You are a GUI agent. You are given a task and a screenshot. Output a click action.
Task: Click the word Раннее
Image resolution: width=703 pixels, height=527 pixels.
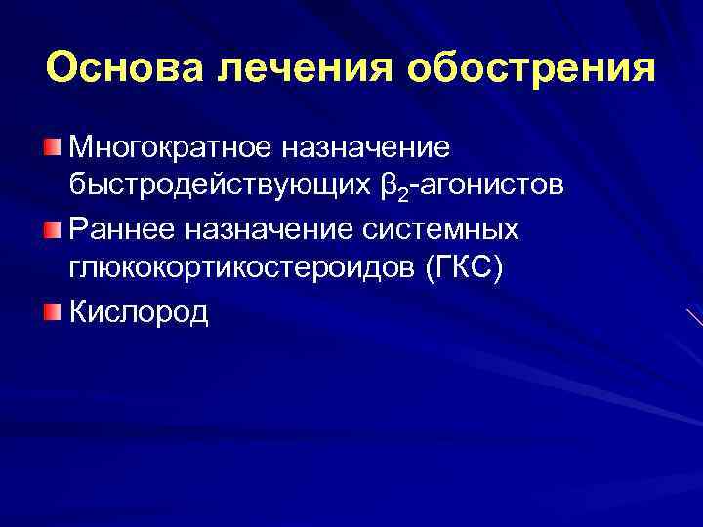click(122, 229)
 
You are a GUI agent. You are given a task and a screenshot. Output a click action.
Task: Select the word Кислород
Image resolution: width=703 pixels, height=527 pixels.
click(140, 312)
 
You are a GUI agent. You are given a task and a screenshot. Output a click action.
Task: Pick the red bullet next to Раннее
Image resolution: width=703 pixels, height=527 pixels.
click(51, 228)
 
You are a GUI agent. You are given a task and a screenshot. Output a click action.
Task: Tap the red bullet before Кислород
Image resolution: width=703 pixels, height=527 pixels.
click(51, 310)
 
